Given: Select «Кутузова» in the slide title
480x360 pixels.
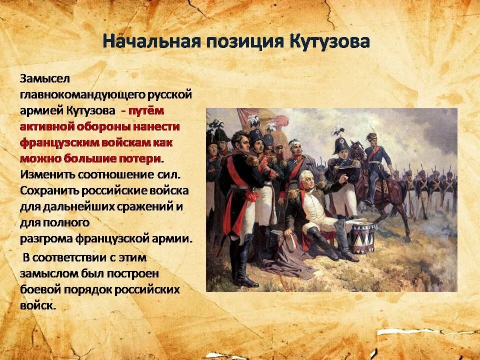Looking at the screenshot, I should point(329,41).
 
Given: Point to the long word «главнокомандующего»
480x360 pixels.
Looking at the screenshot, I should point(82,94).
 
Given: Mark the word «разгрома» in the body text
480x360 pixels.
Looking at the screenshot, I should point(46,238).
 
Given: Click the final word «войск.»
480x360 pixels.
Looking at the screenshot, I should point(37,305).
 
